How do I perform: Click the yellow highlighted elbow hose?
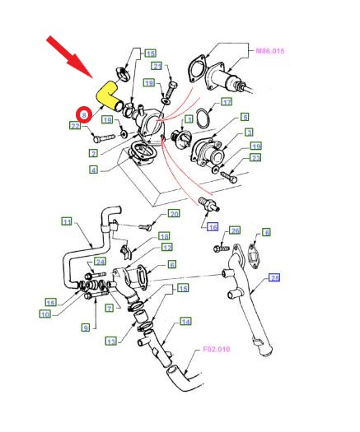click(x=107, y=95)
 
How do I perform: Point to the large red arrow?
click(x=70, y=57)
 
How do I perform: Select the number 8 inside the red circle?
click(x=84, y=114)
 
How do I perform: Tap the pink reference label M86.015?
click(x=269, y=51)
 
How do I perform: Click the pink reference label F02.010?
click(x=217, y=350)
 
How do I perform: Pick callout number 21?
click(x=157, y=67)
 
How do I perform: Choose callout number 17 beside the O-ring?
click(x=227, y=102)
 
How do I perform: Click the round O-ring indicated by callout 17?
click(x=203, y=118)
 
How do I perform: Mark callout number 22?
click(x=75, y=126)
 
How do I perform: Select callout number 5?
click(x=245, y=117)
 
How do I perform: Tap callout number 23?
click(x=255, y=158)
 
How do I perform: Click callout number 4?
click(x=94, y=170)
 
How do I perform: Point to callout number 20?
click(x=174, y=213)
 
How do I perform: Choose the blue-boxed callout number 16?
click(x=213, y=227)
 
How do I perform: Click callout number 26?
click(x=235, y=230)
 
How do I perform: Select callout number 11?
click(x=67, y=222)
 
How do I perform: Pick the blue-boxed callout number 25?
click(x=275, y=278)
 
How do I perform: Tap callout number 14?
click(x=185, y=322)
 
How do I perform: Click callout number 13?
click(x=111, y=342)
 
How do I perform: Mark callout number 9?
click(x=86, y=327)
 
